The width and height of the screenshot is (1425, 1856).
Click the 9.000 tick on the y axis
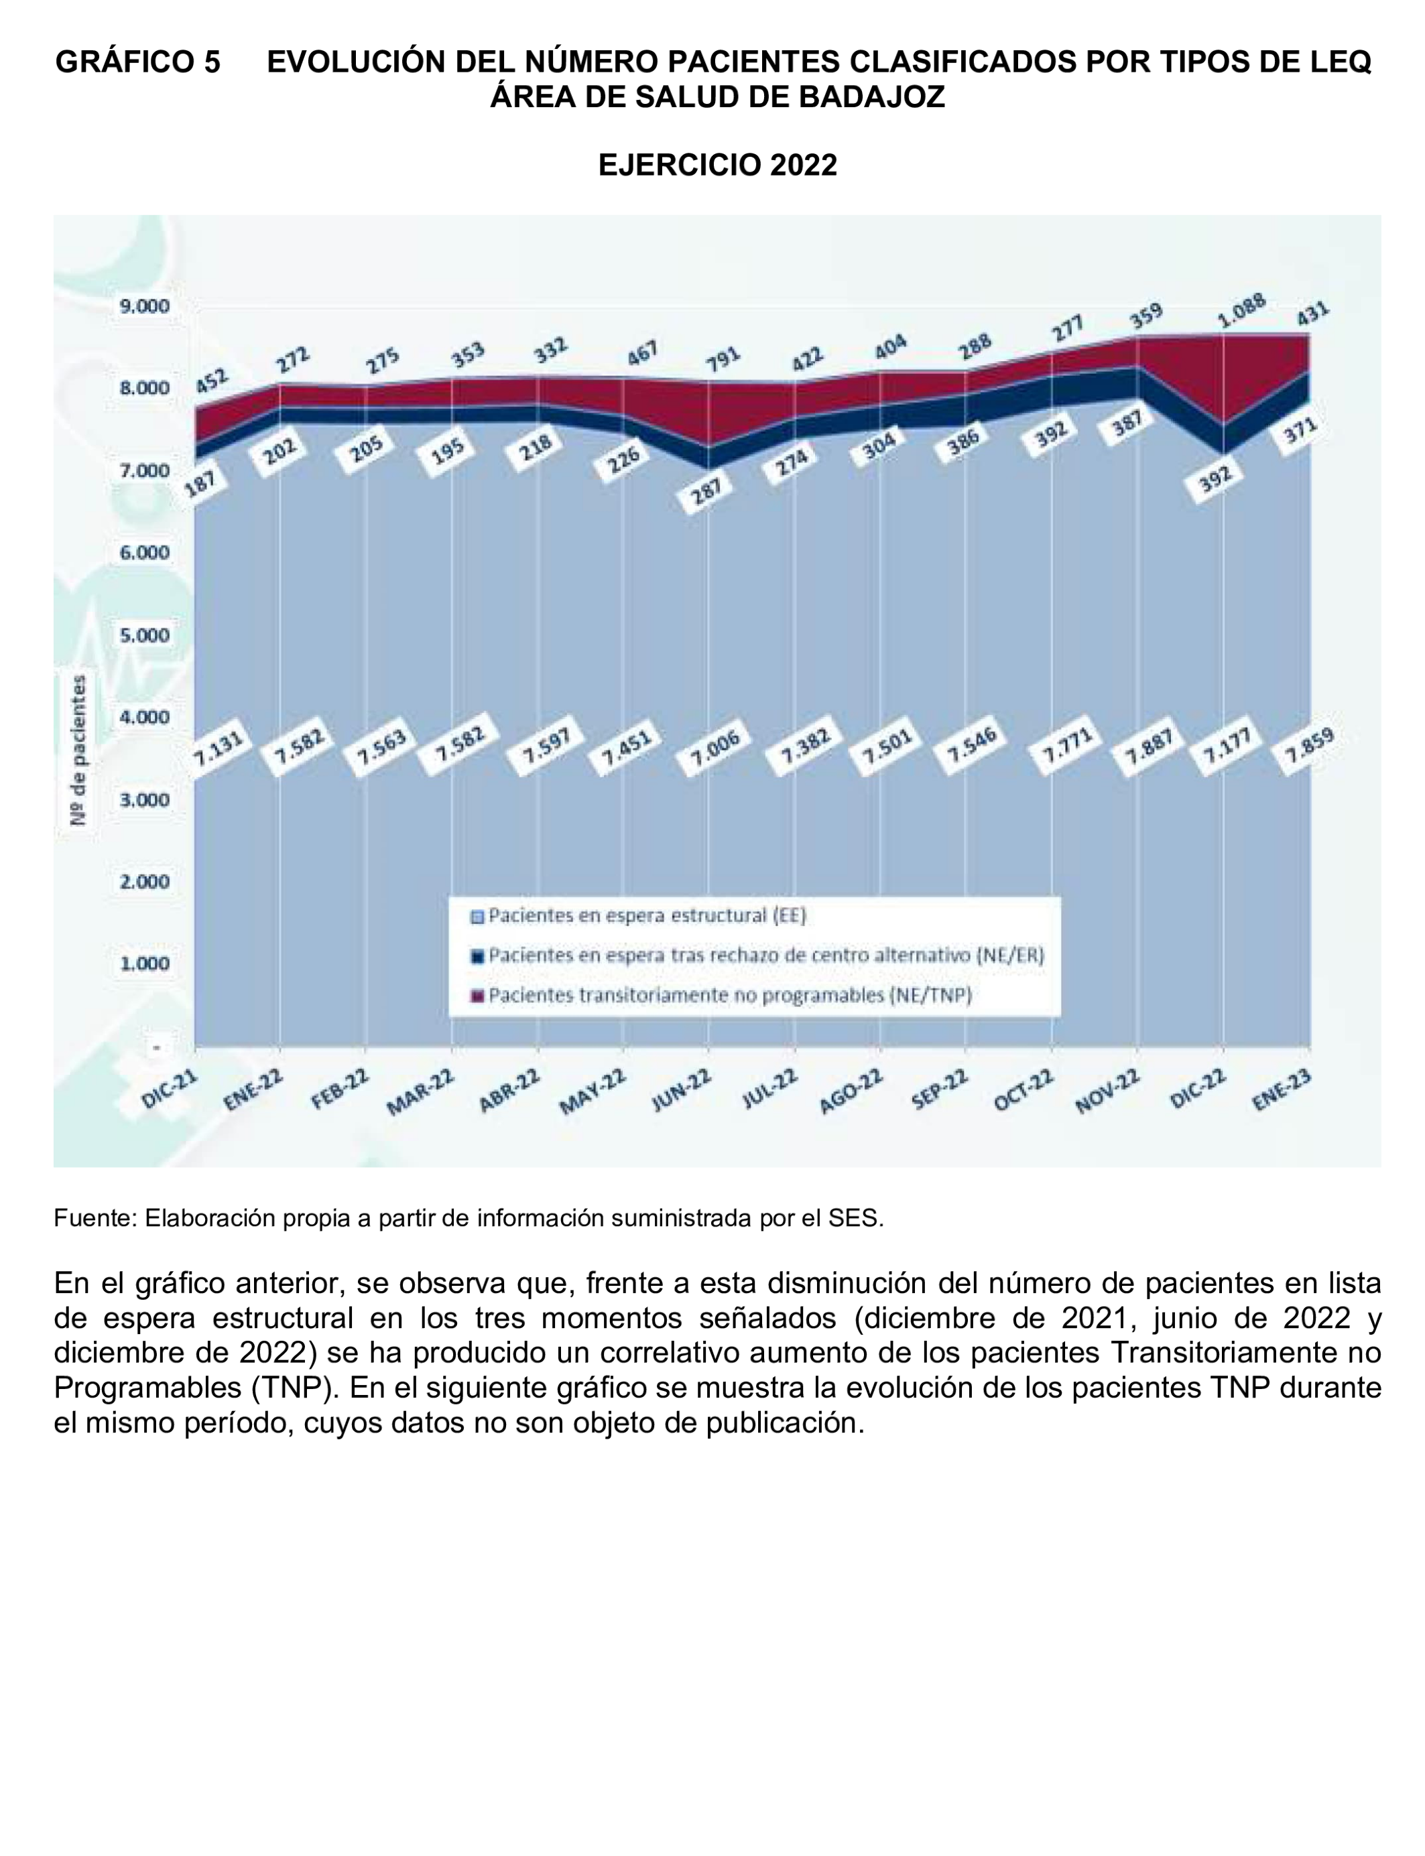145,306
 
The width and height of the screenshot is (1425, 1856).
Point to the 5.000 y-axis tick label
145,635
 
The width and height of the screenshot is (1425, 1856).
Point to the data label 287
706,492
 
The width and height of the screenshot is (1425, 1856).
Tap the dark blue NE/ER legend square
477,956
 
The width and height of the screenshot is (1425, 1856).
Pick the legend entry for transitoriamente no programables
729,996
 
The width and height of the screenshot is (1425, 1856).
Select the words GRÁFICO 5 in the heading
137,62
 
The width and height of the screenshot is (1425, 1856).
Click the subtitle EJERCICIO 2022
718,164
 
